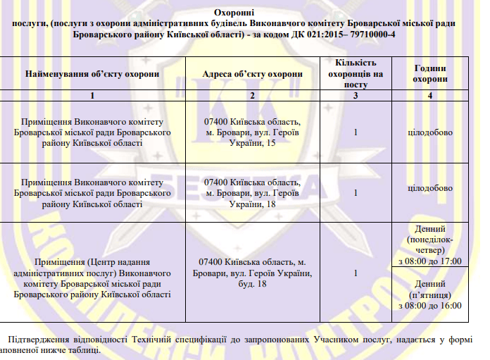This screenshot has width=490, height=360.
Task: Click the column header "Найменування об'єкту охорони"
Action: (x=92, y=73)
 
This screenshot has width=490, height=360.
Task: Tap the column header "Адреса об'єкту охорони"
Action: (x=252, y=73)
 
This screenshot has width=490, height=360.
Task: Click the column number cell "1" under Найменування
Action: (x=92, y=95)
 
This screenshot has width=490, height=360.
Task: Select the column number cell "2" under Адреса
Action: (x=252, y=95)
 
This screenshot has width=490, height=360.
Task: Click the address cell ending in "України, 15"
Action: (x=252, y=132)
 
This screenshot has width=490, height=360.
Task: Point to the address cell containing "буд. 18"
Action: (x=252, y=273)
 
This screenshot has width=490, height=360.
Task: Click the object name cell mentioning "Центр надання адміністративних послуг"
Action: (x=92, y=273)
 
